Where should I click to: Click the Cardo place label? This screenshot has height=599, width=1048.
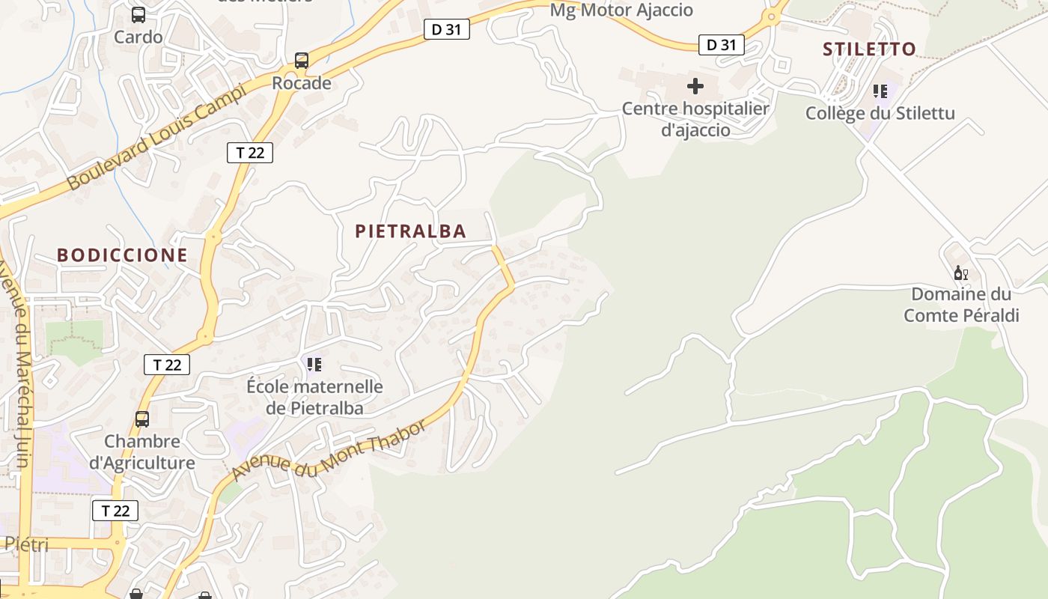point(138,37)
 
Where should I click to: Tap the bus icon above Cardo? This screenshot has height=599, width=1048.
point(138,14)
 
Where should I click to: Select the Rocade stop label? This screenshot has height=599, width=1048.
point(301,83)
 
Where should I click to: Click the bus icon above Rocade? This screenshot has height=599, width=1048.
point(302,61)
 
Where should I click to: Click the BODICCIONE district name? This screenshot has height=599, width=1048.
point(122,255)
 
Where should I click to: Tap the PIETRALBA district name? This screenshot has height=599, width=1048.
point(410,231)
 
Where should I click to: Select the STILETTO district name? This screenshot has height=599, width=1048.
point(869,49)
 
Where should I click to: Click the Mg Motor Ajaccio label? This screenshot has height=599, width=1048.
point(621,10)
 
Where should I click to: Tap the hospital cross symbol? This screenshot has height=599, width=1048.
point(695,86)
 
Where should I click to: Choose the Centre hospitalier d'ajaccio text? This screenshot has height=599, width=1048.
point(695,119)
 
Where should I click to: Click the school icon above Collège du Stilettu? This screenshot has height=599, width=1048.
point(880,91)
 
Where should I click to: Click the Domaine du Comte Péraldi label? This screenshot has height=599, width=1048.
point(961,305)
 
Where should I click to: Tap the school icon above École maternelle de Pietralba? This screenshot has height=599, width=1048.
point(314,365)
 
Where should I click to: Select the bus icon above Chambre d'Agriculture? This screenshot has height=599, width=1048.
point(142,419)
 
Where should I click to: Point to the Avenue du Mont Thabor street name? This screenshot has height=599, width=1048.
point(329,451)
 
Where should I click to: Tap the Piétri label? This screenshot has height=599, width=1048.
point(27,544)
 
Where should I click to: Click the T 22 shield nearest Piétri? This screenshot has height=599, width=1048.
point(115,511)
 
